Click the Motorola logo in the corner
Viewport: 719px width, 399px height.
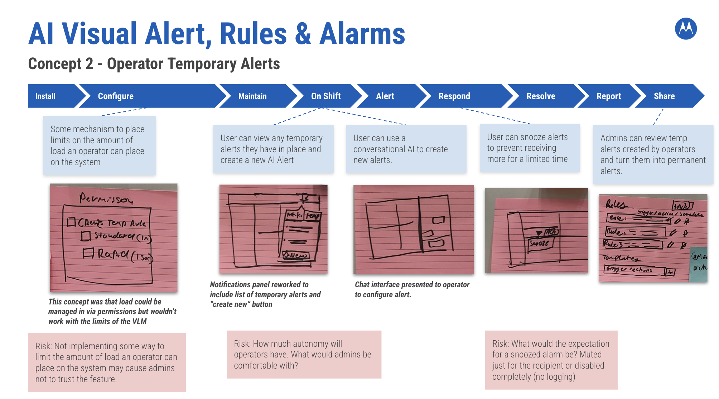(x=686, y=29)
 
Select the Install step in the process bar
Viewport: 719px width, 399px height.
(x=45, y=96)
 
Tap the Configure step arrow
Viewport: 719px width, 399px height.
(x=116, y=96)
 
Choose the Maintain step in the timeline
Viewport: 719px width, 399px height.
(x=252, y=96)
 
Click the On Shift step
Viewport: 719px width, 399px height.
(x=326, y=96)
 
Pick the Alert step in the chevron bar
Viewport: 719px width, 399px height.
(x=385, y=96)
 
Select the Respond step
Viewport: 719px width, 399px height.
(x=454, y=96)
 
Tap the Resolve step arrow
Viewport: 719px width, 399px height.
(x=541, y=96)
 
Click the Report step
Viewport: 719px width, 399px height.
(x=609, y=96)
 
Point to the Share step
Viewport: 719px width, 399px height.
(x=664, y=96)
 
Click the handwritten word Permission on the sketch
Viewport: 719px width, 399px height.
(x=106, y=198)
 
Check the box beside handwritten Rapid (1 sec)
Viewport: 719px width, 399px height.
(x=88, y=254)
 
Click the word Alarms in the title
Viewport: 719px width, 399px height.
(x=362, y=34)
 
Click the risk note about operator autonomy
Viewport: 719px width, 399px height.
(x=304, y=354)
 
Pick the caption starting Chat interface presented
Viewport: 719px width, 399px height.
(x=412, y=289)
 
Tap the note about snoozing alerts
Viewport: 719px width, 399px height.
(x=529, y=148)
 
